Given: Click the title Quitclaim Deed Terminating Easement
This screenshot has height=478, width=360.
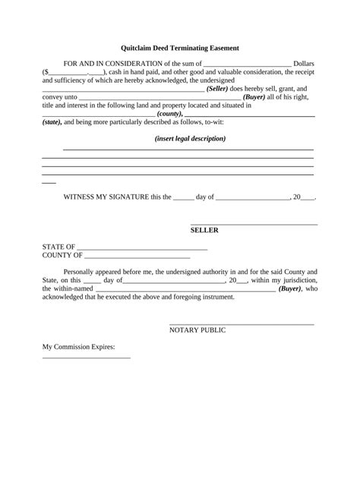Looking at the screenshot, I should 180,48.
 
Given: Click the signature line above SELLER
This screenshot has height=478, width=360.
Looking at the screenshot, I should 253,224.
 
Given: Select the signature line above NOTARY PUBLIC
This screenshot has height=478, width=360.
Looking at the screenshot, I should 241,324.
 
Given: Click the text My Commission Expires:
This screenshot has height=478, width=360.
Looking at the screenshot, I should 78,347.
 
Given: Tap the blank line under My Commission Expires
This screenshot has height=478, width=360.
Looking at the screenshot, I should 86,357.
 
